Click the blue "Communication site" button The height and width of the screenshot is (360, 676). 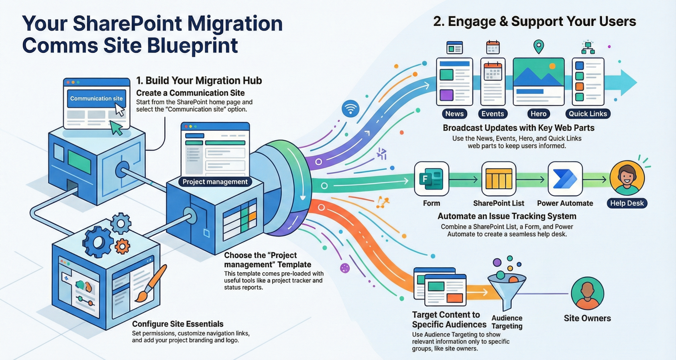[96, 99]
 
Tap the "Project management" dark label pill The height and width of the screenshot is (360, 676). [215, 182]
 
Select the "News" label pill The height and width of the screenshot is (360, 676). [454, 114]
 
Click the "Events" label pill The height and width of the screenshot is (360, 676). [493, 114]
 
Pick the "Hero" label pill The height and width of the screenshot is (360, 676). [538, 114]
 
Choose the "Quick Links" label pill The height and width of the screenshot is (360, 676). [588, 114]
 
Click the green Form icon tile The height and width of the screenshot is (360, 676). [431, 179]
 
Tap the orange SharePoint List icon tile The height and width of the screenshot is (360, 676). [499, 179]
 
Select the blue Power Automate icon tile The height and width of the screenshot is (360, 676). [565, 179]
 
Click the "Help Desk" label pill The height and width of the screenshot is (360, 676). [627, 203]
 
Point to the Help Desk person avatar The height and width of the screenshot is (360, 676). [627, 178]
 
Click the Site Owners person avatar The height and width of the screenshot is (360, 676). [587, 293]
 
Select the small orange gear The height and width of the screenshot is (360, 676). [122, 246]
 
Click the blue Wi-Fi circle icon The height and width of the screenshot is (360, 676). [350, 108]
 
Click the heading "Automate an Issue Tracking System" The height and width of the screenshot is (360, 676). [507, 216]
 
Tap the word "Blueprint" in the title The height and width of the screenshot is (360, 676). [192, 46]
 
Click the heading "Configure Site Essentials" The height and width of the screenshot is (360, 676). [177, 324]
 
